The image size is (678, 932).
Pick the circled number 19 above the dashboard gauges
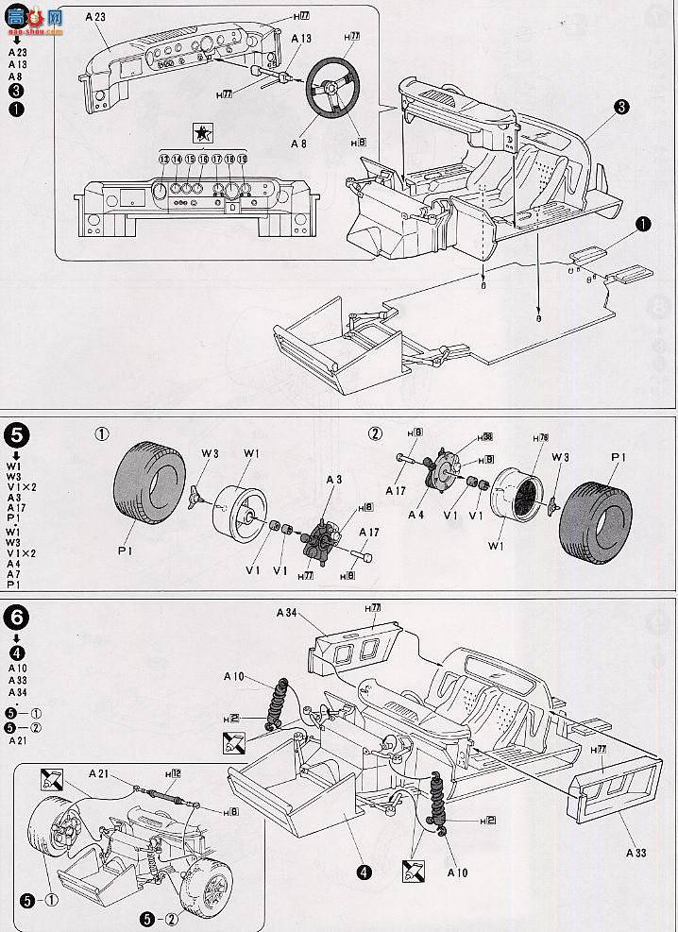(243, 160)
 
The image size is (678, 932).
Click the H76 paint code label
(540, 439)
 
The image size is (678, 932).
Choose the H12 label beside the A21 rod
(173, 774)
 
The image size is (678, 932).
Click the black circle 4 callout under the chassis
(364, 871)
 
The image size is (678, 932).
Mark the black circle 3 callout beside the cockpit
(621, 109)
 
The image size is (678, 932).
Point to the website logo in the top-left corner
(34, 16)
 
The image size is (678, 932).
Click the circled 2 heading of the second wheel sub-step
(376, 433)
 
